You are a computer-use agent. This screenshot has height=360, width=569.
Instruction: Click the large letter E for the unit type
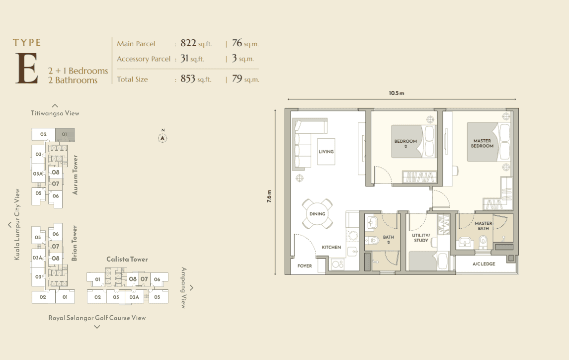pos(26,68)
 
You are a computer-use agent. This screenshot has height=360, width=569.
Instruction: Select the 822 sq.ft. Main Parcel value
pos(196,43)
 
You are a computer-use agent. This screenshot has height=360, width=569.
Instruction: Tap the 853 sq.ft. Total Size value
pos(196,79)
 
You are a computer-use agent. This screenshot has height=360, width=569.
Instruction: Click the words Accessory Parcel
pos(143,59)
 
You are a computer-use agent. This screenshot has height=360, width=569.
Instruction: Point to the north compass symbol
pos(163,137)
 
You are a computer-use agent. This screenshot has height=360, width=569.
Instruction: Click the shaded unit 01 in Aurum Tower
pos(65,134)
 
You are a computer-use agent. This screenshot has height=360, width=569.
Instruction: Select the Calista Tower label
pos(127,260)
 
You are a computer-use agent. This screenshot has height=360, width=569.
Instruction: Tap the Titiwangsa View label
pos(55,113)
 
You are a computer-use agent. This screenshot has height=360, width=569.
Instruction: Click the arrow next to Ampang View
pos(192,288)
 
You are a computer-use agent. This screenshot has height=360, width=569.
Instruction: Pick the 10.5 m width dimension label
pos(396,93)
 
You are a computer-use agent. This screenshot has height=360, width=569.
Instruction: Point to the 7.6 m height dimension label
pos(269,196)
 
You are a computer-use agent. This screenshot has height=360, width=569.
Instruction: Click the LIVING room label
pos(326,152)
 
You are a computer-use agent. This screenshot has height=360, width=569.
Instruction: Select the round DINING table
pos(317,214)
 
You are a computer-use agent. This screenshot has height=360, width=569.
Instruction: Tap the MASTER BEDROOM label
pos(482,144)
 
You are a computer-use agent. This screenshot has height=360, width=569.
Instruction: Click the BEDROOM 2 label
pos(406,144)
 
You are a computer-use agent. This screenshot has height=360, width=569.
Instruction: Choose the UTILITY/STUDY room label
pos(421,238)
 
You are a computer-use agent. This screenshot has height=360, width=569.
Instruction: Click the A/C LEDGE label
pos(484,264)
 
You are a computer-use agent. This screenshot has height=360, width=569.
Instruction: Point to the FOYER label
pos(305,266)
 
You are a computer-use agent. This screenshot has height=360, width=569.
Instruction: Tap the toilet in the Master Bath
pos(483,241)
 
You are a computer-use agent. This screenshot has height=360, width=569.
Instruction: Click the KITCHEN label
pos(331,248)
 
